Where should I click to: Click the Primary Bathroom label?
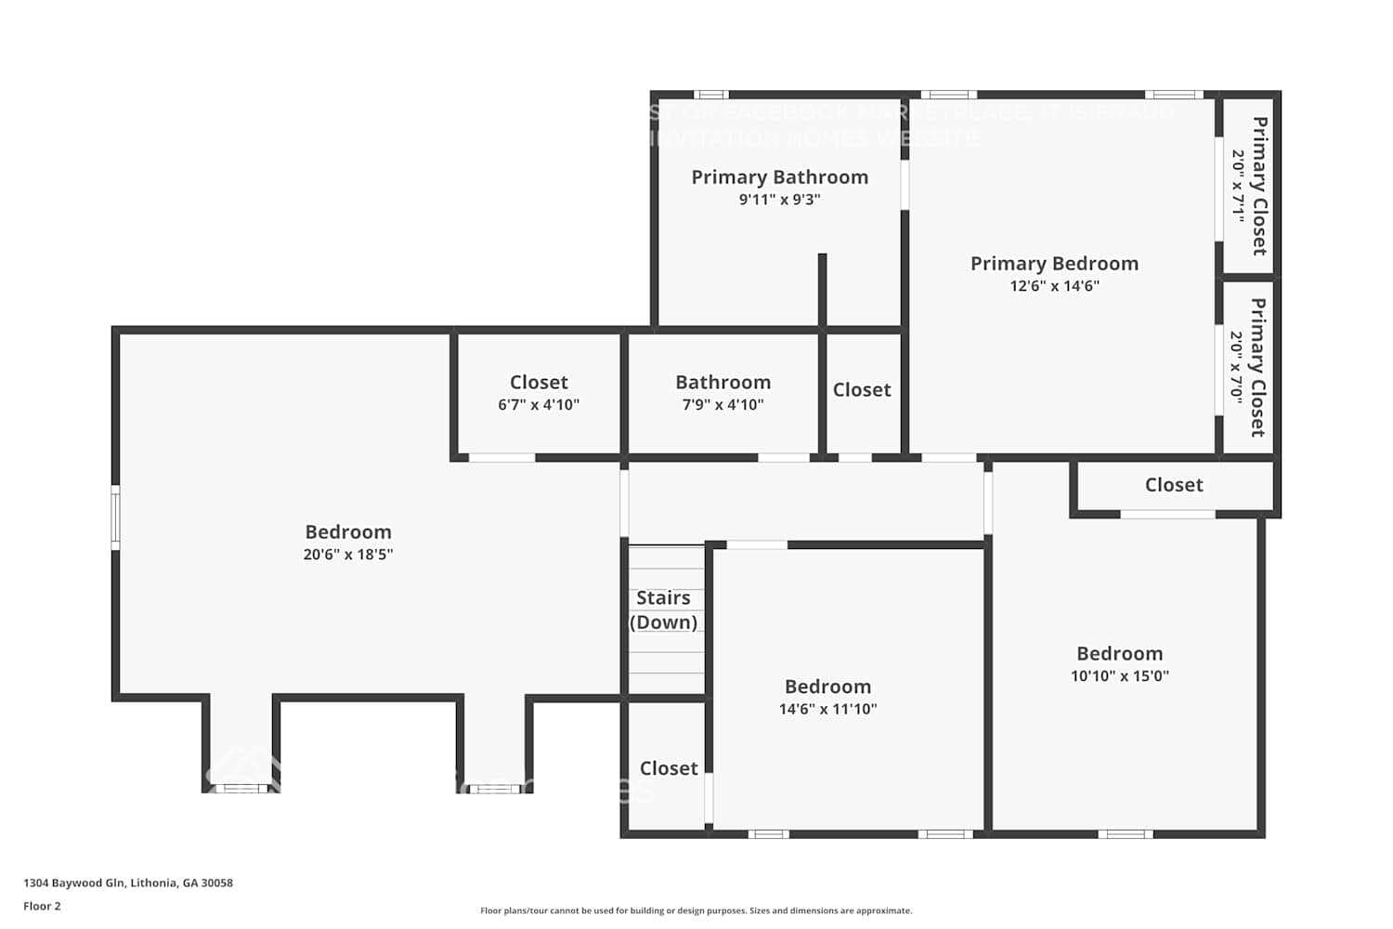pyautogui.click(x=779, y=177)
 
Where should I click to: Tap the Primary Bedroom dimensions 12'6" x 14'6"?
pyautogui.click(x=1054, y=286)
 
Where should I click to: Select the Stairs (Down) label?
pyautogui.click(x=663, y=609)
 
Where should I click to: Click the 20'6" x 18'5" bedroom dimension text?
pyautogui.click(x=348, y=555)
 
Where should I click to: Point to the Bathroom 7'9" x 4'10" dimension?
pyautogui.click(x=723, y=404)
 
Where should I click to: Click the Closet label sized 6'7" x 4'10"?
pyautogui.click(x=539, y=382)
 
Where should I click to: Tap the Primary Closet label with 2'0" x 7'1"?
pyautogui.click(x=1259, y=186)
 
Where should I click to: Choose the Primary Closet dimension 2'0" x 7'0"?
pyautogui.click(x=1237, y=367)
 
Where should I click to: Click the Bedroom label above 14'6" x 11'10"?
pyautogui.click(x=827, y=687)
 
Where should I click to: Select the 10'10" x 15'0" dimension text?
pyautogui.click(x=1119, y=676)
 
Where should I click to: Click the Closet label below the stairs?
pyautogui.click(x=669, y=768)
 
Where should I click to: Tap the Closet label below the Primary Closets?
pyautogui.click(x=1174, y=485)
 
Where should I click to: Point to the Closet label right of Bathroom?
pyautogui.click(x=862, y=390)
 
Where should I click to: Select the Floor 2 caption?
pyautogui.click(x=42, y=906)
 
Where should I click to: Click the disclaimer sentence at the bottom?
pyautogui.click(x=696, y=910)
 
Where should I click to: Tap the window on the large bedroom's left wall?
pyautogui.click(x=115, y=517)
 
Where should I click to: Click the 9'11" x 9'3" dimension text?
pyautogui.click(x=779, y=199)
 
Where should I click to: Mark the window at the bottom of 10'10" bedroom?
pyautogui.click(x=1126, y=833)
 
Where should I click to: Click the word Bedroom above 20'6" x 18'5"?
pyautogui.click(x=348, y=532)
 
